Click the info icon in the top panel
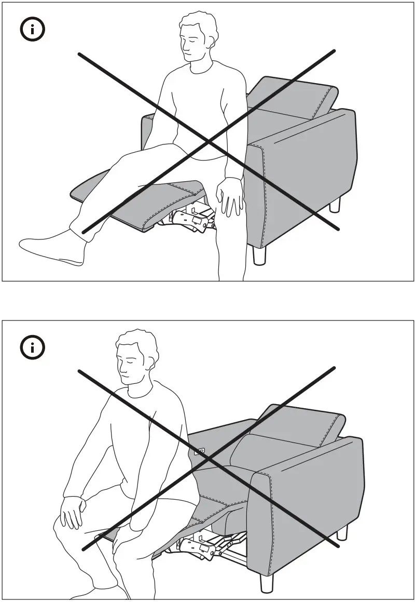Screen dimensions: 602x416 (32, 30)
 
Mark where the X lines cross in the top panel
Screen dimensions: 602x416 (208, 141)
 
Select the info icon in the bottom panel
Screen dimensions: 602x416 (32, 347)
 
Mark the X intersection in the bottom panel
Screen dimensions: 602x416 (208, 459)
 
